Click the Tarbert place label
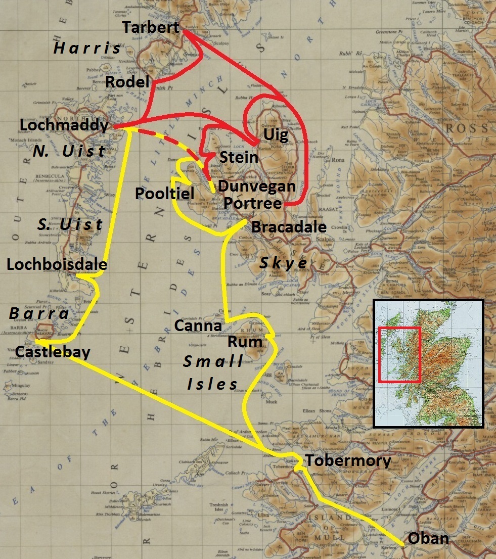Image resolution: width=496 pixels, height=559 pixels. (x=151, y=28)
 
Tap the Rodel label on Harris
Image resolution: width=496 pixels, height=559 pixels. (x=127, y=82)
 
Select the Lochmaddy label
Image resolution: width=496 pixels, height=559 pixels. (x=64, y=125)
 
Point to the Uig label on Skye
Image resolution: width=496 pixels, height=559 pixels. (x=276, y=135)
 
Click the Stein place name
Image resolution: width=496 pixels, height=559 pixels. (x=239, y=158)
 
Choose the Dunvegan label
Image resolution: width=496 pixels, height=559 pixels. (x=256, y=187)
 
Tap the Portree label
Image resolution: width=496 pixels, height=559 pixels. (x=252, y=203)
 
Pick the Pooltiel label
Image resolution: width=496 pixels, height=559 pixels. (x=164, y=193)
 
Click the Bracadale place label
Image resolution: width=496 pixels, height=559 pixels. (x=289, y=227)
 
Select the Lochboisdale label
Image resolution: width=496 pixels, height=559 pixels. (x=57, y=264)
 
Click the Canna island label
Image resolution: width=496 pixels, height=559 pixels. (x=198, y=326)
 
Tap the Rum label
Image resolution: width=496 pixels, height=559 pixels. (x=245, y=342)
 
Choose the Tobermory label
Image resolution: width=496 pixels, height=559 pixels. (x=348, y=461)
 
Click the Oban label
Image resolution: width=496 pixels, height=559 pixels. (x=428, y=538)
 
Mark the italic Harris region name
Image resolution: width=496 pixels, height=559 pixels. (x=87, y=49)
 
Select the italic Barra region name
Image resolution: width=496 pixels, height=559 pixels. (x=39, y=314)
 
